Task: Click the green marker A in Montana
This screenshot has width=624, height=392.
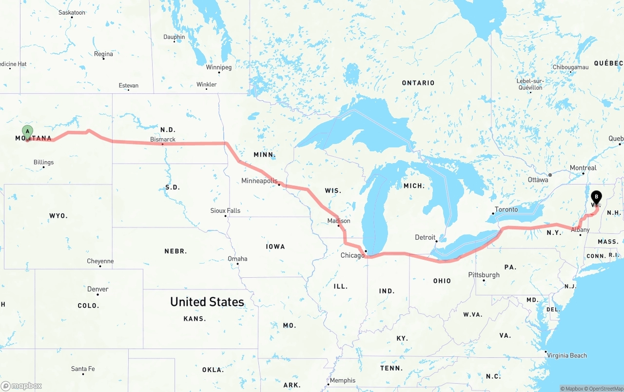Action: [28, 131]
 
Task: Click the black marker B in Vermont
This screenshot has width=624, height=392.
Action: [596, 198]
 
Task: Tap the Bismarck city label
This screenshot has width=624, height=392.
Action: [163, 140]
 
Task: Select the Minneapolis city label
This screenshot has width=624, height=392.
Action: [259, 181]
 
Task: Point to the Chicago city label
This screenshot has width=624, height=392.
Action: [352, 255]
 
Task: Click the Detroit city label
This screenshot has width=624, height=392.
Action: [425, 237]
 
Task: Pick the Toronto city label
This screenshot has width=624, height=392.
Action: [506, 209]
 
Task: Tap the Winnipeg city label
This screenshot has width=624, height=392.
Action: [219, 67]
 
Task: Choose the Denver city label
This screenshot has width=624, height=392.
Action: [97, 289]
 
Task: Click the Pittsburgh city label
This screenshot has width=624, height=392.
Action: [484, 275]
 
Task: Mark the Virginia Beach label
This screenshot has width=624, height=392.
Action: [566, 355]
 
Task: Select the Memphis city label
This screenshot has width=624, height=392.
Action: [343, 380]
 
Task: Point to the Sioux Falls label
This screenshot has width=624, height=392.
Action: [225, 210]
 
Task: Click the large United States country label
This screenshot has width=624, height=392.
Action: [207, 302]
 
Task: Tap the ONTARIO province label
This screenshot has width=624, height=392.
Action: [418, 83]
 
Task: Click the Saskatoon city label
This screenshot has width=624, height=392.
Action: [72, 12]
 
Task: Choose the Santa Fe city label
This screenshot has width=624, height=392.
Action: [83, 369]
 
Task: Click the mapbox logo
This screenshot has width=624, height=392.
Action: [21, 386]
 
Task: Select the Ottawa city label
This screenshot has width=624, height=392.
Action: [538, 180]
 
